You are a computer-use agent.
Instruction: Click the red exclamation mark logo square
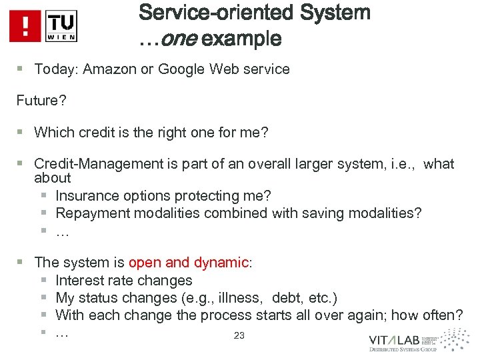coord(25,26)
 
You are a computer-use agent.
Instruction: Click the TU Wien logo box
coord(61,26)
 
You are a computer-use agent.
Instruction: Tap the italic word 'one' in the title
coord(178,39)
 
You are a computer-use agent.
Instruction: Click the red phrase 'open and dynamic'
coord(188,263)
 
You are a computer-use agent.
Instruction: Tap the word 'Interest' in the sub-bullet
coord(79,281)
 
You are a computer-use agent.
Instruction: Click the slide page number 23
coord(239,336)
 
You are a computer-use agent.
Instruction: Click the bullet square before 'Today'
coord(21,69)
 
